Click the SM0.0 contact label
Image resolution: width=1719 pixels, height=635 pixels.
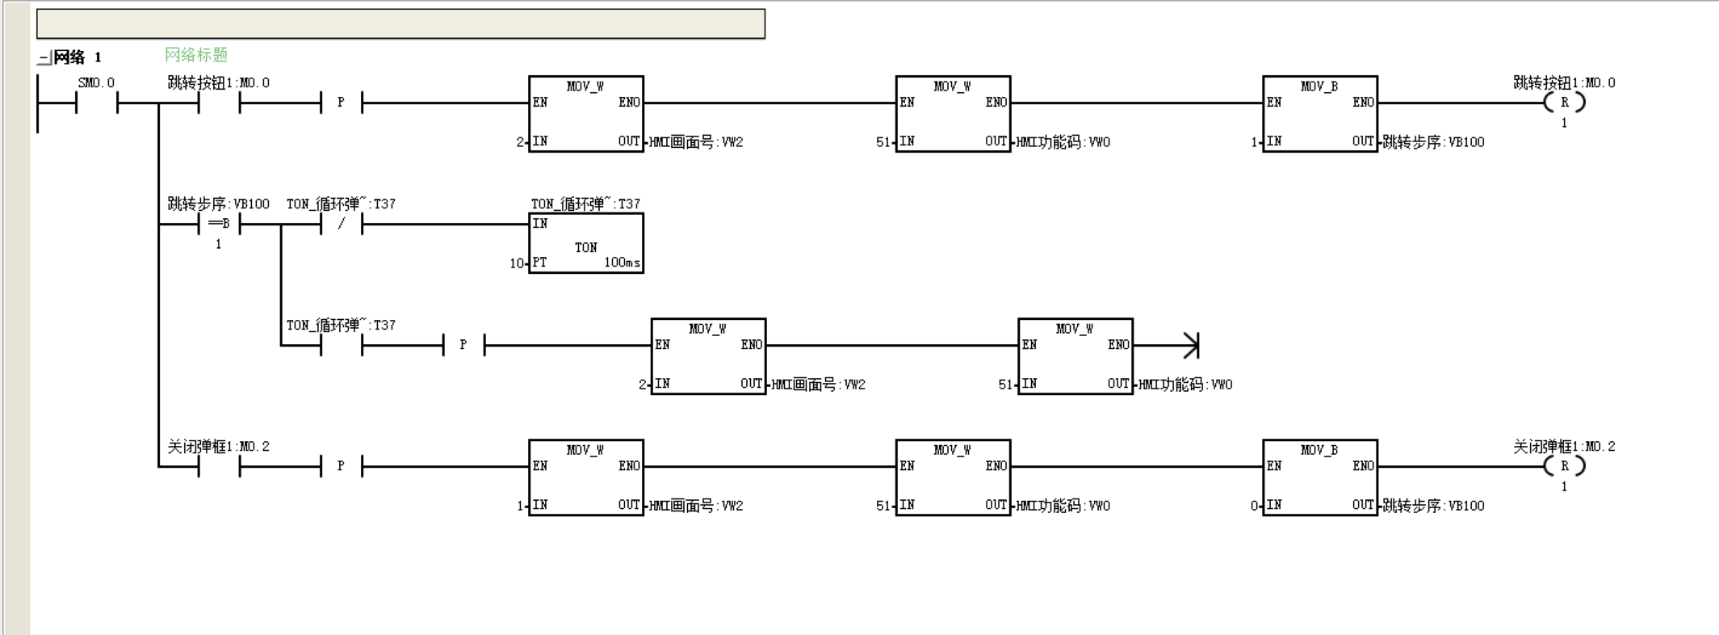(96, 82)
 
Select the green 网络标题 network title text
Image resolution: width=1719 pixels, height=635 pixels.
(196, 55)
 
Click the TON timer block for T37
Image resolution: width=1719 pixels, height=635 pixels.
(586, 243)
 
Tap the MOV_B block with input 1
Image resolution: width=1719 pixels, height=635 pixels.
(1320, 114)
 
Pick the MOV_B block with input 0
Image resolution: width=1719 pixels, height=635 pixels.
(1320, 477)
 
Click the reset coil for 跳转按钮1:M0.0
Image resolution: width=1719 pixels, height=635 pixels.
(1565, 103)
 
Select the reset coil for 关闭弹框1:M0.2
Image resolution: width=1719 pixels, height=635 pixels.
(1565, 466)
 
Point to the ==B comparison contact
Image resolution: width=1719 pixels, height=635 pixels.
(219, 224)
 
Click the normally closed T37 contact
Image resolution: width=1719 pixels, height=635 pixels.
(342, 224)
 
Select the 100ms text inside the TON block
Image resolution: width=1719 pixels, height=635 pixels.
(622, 263)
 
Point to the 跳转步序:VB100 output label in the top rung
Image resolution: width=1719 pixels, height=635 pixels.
(1433, 142)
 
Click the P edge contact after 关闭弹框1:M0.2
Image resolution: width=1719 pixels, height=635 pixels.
(342, 466)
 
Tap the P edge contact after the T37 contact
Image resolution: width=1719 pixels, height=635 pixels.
(463, 345)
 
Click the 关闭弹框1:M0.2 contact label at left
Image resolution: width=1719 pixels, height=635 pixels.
(218, 446)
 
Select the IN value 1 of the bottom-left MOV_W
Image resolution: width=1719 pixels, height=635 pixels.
(521, 506)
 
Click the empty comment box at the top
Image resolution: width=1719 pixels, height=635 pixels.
(400, 24)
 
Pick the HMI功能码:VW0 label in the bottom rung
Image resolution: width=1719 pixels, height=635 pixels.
(1063, 506)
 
